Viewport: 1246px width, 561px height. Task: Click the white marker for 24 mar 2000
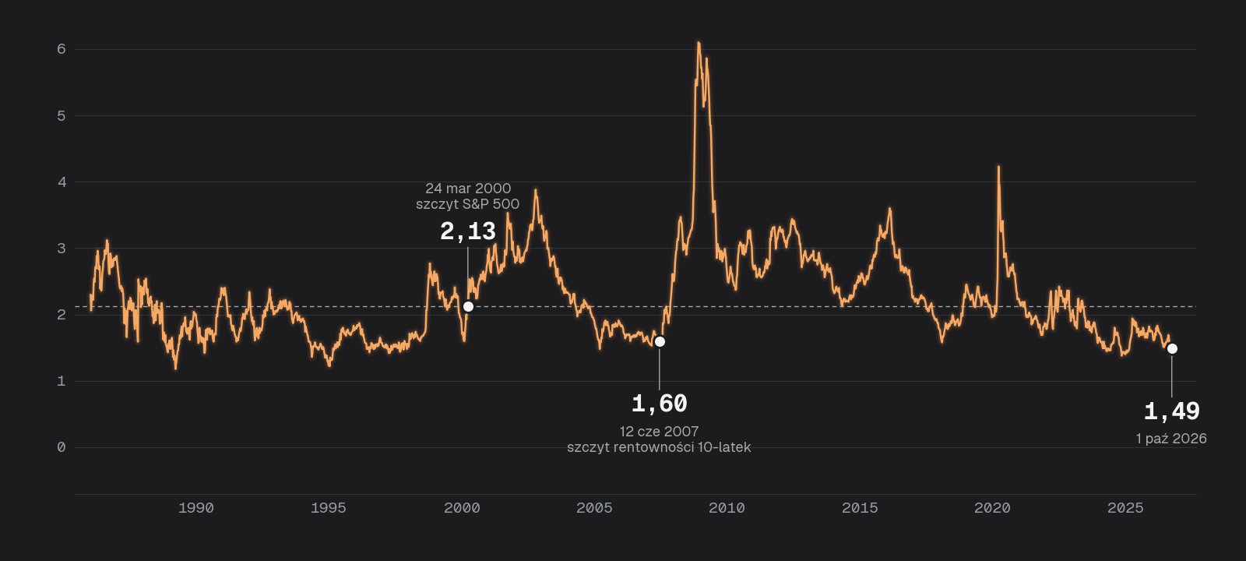pos(468,307)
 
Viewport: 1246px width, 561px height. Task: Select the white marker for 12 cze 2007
pos(660,342)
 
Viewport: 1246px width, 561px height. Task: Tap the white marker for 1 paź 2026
pos(1172,349)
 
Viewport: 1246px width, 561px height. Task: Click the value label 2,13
pos(468,231)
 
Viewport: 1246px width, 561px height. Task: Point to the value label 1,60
pos(660,404)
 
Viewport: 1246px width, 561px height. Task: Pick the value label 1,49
pos(1172,412)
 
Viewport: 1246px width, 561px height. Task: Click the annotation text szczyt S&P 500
pos(468,204)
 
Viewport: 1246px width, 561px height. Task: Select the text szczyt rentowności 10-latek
pos(659,447)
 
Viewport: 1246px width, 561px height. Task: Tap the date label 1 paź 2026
pos(1171,439)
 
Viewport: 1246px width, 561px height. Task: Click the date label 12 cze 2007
pos(659,432)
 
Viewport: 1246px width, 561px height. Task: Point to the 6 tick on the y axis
pos(62,49)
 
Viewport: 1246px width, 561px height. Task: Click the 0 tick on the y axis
pos(62,447)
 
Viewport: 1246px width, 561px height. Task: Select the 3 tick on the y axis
pos(62,249)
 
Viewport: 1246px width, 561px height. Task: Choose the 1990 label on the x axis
pos(195,508)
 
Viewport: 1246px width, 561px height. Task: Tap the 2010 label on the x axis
pos(727,508)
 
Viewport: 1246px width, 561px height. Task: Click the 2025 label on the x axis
pos(1125,508)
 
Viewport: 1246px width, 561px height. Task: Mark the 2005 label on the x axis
pos(594,508)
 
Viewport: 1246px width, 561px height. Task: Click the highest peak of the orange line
pos(699,42)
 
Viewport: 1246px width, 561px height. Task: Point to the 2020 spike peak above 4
pos(998,167)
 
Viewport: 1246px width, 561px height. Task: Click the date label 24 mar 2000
pos(468,188)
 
